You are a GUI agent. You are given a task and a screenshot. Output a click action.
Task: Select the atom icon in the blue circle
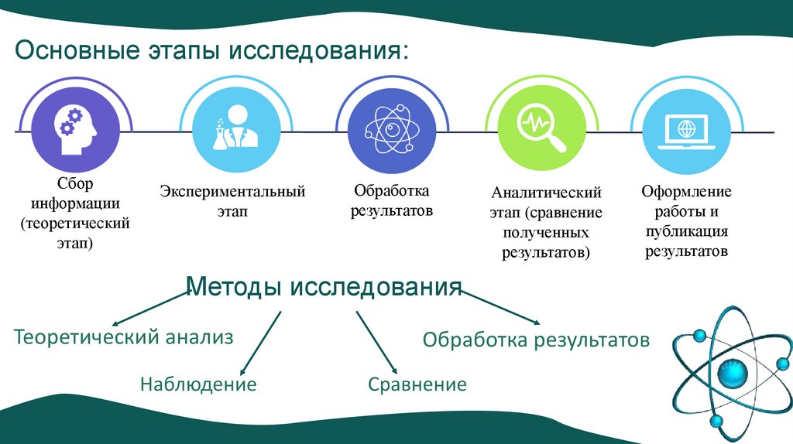[x=392, y=131]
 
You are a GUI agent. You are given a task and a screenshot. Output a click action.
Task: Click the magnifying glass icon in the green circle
[x=542, y=131]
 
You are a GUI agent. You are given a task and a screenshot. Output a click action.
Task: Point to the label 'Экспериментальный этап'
[x=232, y=200]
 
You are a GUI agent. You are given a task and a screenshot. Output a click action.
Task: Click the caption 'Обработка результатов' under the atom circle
[x=391, y=200]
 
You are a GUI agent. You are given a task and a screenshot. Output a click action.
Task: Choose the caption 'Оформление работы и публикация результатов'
[x=686, y=221]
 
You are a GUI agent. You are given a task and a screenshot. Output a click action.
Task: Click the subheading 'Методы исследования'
[x=324, y=287]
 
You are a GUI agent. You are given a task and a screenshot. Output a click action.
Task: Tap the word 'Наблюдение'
[x=198, y=384]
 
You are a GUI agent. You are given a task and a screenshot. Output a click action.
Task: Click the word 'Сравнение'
[x=417, y=384]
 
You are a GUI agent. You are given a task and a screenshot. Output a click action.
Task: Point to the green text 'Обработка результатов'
[x=536, y=340]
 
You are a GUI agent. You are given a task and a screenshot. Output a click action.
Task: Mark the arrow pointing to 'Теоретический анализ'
[x=150, y=309]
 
